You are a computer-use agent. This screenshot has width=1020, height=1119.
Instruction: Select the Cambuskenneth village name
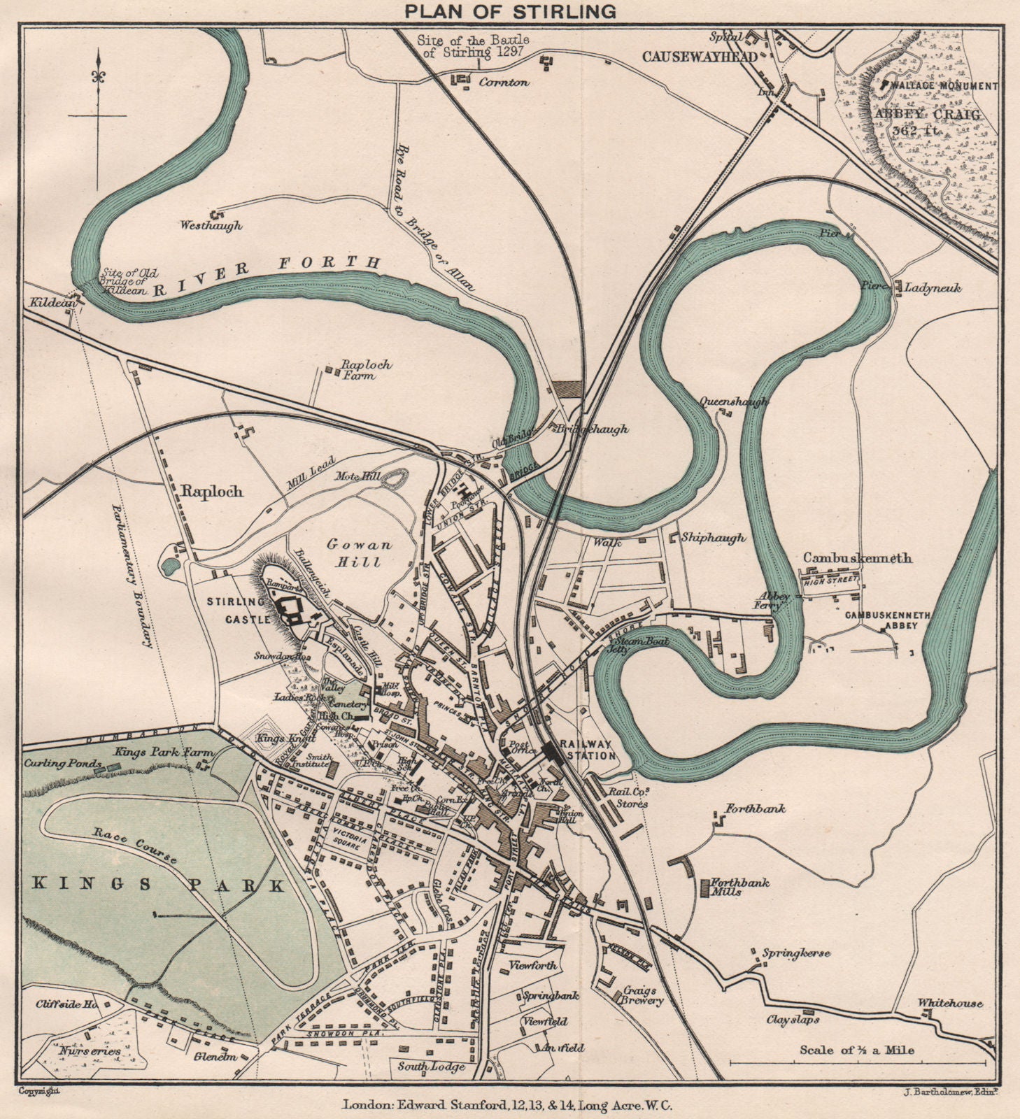coord(857,558)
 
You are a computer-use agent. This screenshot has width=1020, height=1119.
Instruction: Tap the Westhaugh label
coord(211,225)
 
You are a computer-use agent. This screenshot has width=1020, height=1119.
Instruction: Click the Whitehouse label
coord(949,1003)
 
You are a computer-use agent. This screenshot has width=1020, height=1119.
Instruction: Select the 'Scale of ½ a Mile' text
coord(857,1049)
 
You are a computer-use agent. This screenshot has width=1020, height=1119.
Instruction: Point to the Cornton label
coord(504,82)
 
